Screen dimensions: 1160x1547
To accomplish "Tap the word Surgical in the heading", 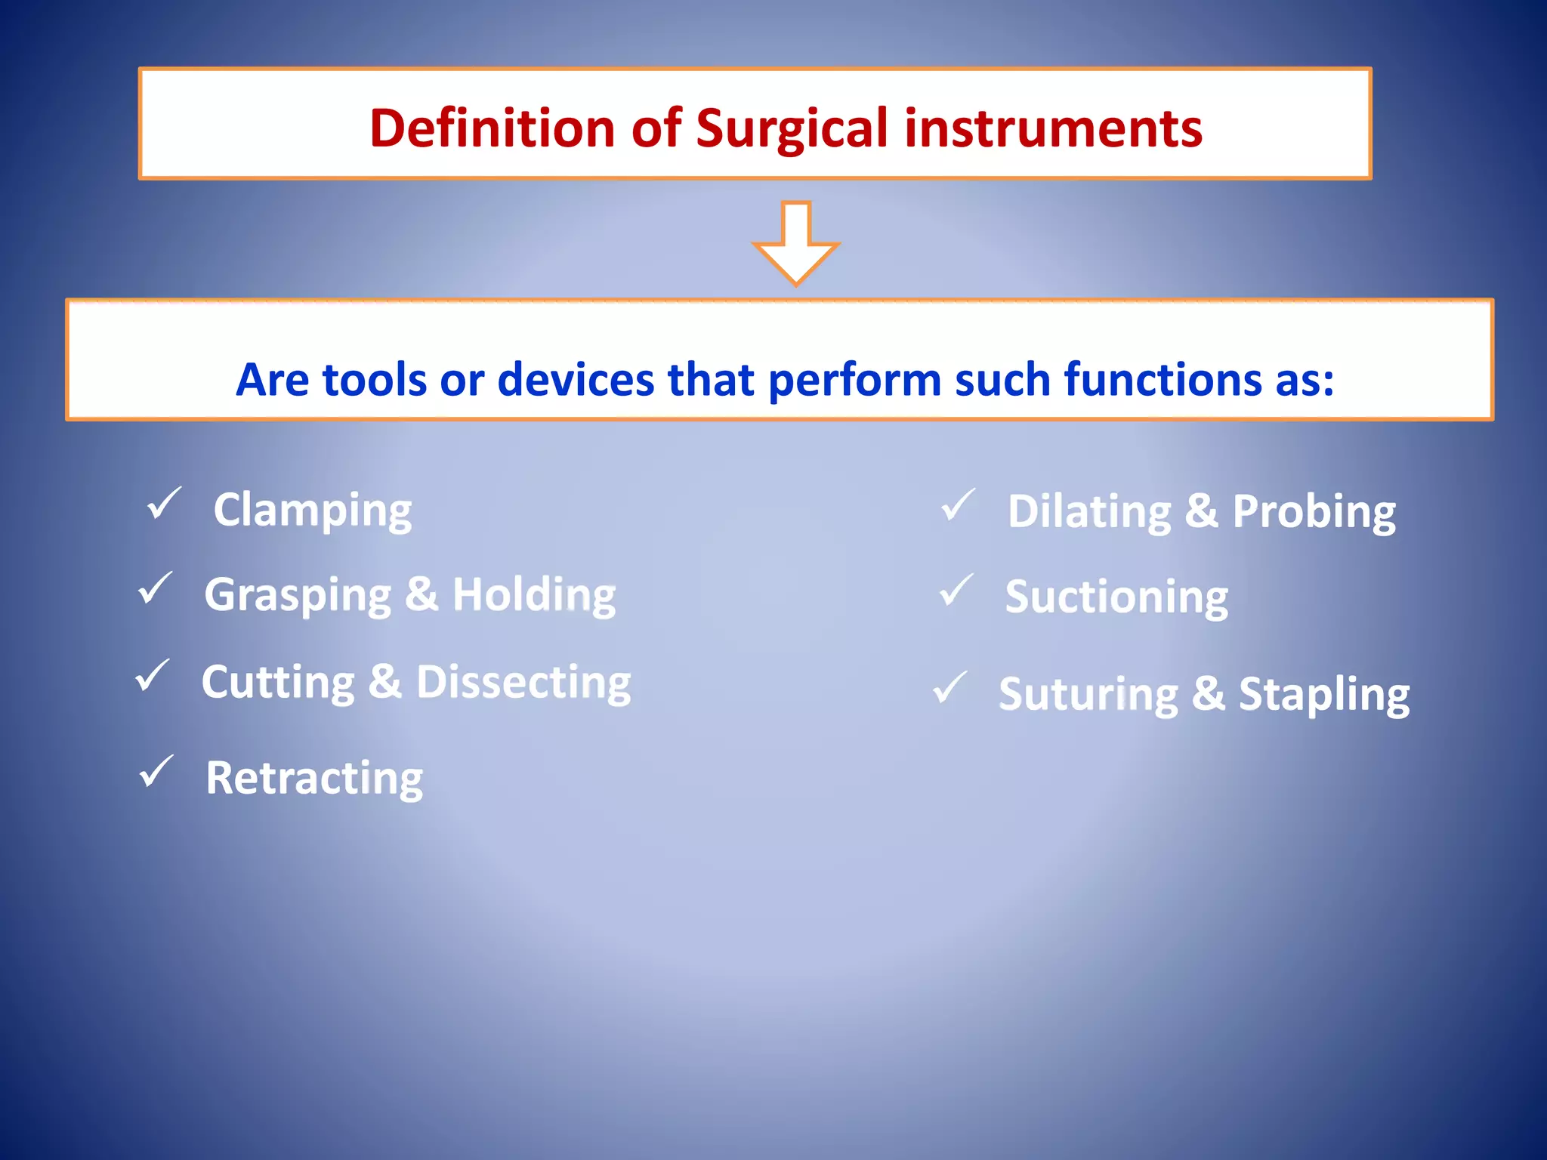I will [792, 128].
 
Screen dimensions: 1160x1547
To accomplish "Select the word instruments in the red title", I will [1053, 128].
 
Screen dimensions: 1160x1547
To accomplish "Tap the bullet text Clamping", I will [313, 511].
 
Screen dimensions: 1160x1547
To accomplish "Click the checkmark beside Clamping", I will [164, 504].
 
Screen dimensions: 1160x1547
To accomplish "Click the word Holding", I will [534, 595].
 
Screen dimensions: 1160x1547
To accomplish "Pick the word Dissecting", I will [523, 683].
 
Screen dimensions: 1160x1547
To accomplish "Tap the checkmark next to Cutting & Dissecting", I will [153, 675].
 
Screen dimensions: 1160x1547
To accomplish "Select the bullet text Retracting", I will [314, 779].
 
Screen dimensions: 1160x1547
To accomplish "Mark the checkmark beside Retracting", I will [156, 771].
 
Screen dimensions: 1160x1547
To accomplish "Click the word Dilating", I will [1089, 512].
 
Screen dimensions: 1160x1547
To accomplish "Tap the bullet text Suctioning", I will [1116, 598].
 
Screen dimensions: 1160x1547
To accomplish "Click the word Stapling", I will [1323, 695].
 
